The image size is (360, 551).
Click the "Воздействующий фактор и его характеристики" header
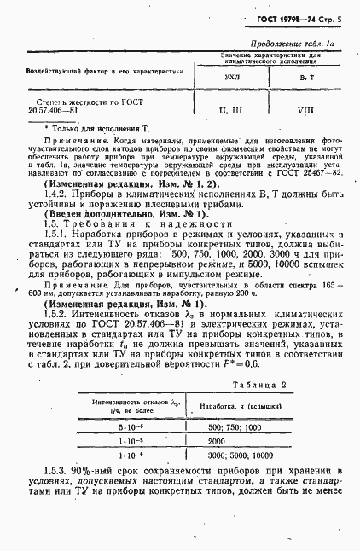pyautogui.click(x=104, y=72)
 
